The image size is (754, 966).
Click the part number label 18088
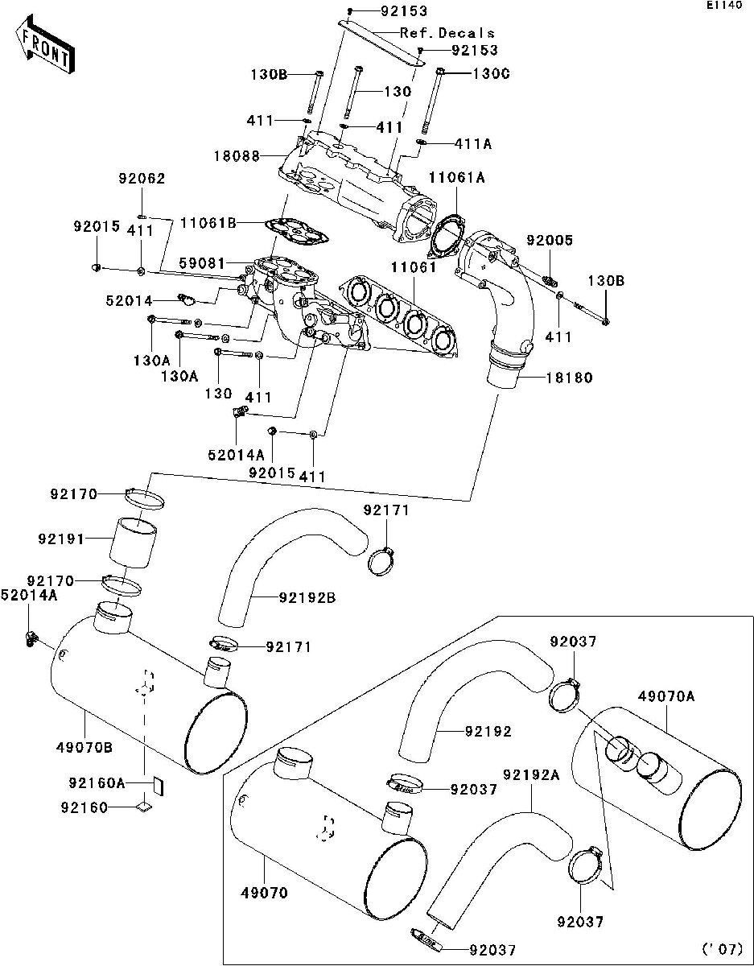[236, 155]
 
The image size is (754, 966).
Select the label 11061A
[456, 178]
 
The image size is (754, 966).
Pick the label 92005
[550, 240]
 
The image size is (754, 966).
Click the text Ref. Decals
[447, 33]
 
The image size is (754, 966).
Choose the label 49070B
[85, 747]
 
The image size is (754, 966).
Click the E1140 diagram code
[723, 6]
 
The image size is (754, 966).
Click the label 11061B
[208, 223]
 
